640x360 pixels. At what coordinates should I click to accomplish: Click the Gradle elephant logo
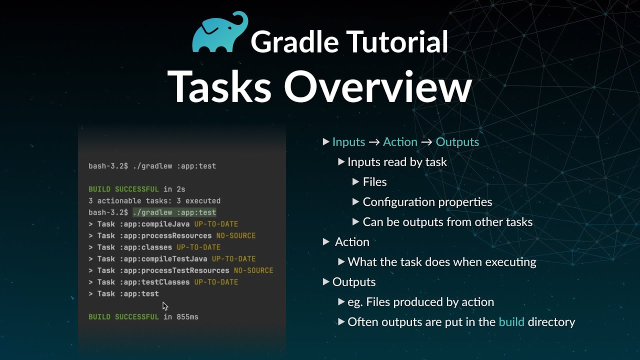pos(220,32)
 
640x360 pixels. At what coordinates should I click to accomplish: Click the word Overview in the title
pos(377,86)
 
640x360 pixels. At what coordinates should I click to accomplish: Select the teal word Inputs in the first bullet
pos(348,142)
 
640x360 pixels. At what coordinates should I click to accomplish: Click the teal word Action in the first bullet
pos(400,142)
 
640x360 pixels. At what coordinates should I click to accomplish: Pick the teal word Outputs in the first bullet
pos(457,142)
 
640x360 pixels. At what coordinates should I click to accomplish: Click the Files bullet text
pos(374,182)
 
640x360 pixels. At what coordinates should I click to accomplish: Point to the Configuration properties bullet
pos(427,202)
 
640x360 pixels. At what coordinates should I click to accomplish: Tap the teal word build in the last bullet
pos(511,322)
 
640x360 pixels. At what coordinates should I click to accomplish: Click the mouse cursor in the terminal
pos(165,306)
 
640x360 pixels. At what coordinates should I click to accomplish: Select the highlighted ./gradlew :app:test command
pos(174,212)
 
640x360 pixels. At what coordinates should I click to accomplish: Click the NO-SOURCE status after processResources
pos(235,235)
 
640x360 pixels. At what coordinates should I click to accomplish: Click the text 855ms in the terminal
pos(187,316)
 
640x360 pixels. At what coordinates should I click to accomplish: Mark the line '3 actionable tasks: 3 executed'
pos(154,201)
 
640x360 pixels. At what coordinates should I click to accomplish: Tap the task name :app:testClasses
pos(154,282)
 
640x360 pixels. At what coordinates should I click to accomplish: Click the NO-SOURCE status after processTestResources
pos(253,270)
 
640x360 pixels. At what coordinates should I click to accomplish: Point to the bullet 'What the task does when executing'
pos(441,262)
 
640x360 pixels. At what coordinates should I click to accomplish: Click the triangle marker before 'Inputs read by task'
pos(341,162)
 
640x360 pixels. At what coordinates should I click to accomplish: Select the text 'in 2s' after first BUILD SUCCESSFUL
pos(174,189)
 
